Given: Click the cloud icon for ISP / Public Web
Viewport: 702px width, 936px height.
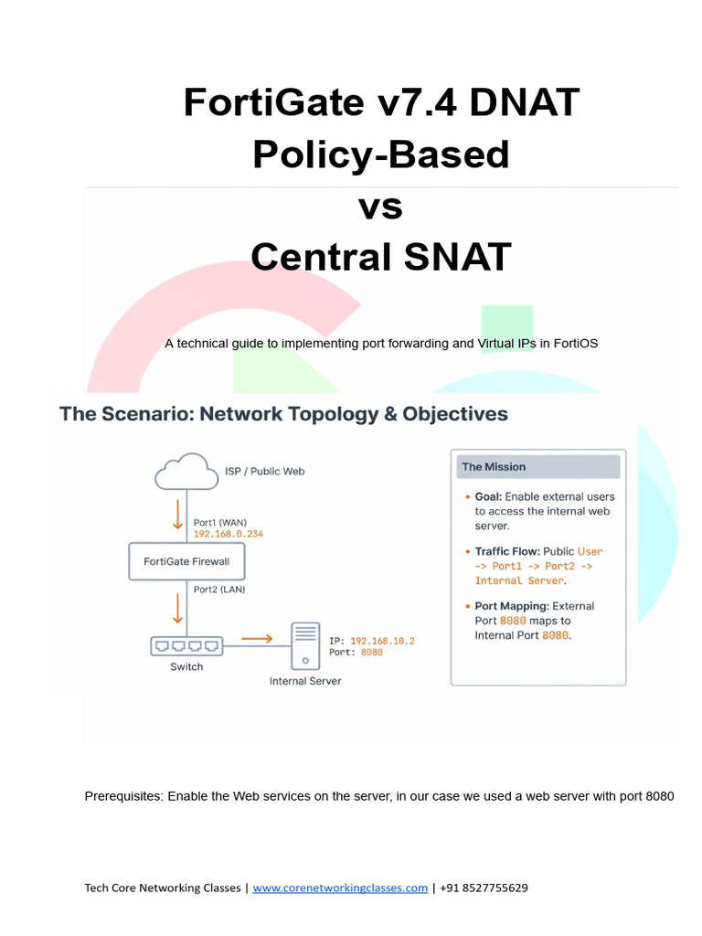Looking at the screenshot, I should (186, 472).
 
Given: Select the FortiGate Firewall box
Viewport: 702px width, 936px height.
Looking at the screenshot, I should (186, 560).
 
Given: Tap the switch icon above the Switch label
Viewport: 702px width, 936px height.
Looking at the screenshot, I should (186, 645).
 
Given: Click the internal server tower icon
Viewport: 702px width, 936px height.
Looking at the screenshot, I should (305, 646).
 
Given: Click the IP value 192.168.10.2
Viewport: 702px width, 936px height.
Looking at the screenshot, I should (382, 642).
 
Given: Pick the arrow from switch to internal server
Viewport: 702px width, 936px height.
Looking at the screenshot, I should (256, 640).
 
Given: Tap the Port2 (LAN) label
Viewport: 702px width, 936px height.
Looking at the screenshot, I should (218, 590).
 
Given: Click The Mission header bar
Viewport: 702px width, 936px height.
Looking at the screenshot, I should (538, 467).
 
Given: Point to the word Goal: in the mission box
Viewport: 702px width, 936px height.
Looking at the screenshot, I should (487, 496).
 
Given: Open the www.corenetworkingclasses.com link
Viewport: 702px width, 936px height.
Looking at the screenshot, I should (340, 888).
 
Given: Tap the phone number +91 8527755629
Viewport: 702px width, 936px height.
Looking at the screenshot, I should (484, 888).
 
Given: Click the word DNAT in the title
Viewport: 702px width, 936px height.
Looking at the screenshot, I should (524, 101).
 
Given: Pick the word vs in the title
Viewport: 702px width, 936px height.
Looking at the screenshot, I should (380, 207).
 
